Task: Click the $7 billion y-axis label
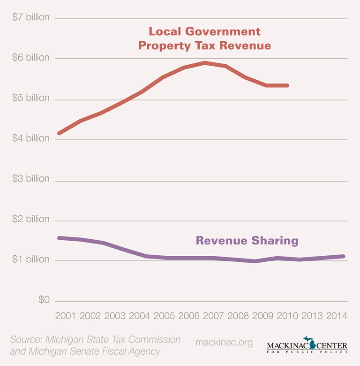pos(31,18)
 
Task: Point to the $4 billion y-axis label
pos(31,138)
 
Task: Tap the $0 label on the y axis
pos(44,300)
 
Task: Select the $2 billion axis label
pos(31,219)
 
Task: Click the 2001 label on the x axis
pos(65,315)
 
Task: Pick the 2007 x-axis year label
pos(214,315)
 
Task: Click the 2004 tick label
pos(139,315)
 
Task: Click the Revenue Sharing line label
pos(247,241)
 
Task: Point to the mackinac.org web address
pos(224,343)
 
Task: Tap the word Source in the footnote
pos(27,339)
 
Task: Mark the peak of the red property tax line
pos(205,62)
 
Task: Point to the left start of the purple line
pos(59,238)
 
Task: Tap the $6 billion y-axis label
pos(31,58)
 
